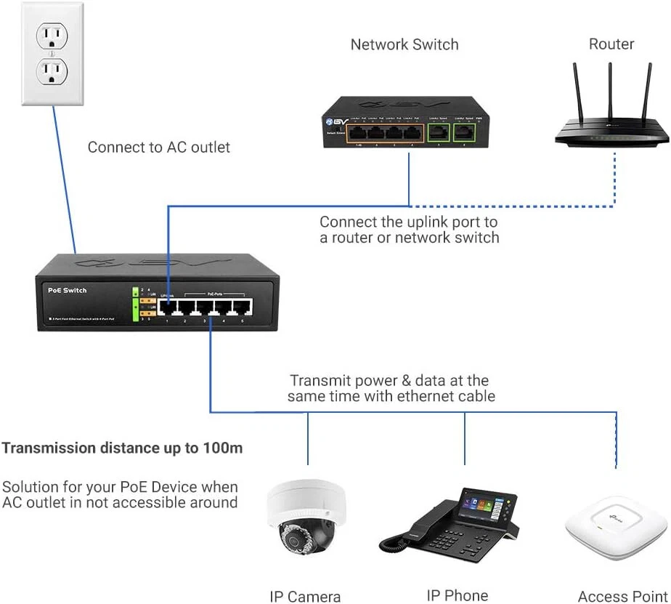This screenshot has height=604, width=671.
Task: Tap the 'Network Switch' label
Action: click(x=404, y=44)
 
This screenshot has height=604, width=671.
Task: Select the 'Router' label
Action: click(x=611, y=44)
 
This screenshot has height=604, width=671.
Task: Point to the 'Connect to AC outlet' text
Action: click(x=158, y=147)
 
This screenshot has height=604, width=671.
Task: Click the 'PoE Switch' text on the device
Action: click(x=67, y=290)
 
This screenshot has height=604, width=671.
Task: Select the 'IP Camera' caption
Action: click(x=305, y=597)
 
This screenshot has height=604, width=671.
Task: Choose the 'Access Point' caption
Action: click(x=622, y=597)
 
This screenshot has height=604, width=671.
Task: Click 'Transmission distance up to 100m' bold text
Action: click(x=122, y=448)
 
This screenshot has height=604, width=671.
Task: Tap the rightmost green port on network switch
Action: click(x=463, y=133)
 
